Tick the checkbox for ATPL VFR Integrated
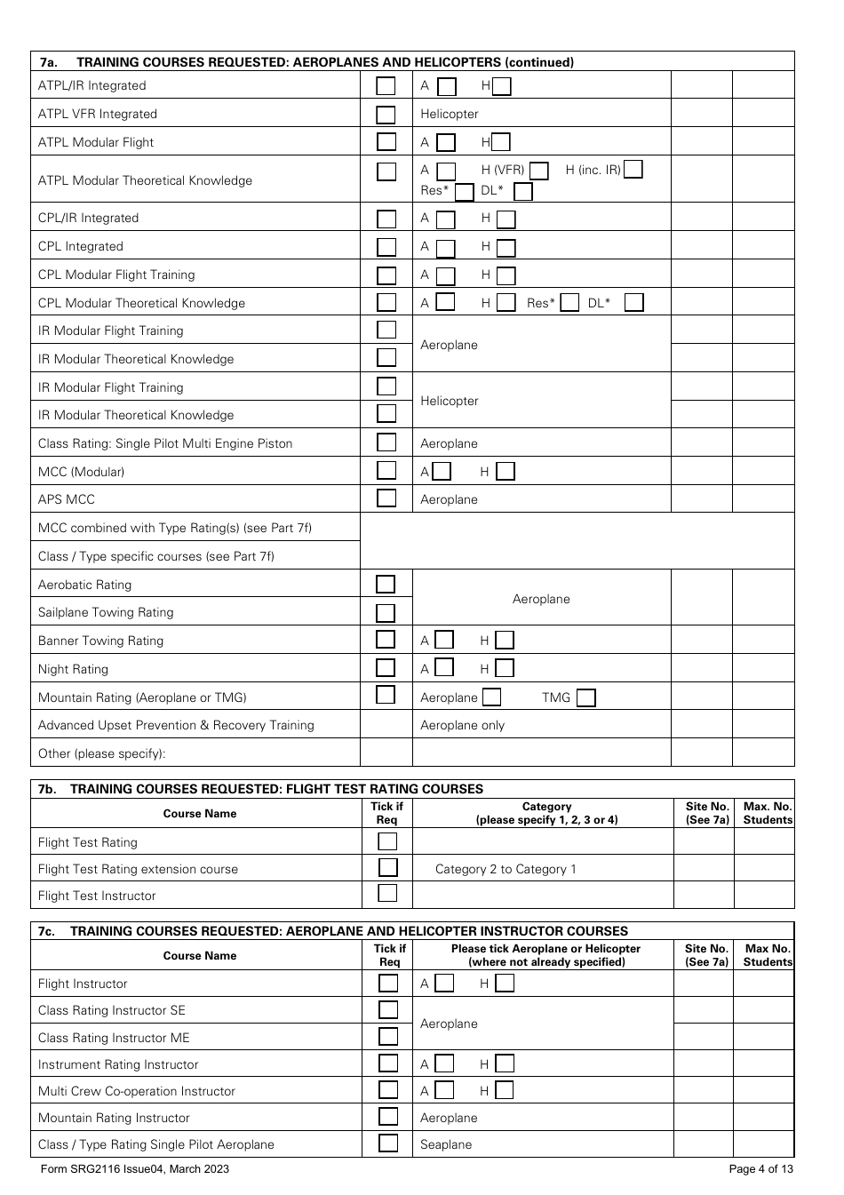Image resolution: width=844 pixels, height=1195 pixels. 386,115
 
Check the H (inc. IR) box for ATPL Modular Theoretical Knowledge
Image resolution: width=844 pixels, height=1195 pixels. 633,170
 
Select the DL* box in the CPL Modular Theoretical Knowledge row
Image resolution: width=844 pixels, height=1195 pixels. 633,303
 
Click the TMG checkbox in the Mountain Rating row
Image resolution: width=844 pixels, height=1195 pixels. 585,698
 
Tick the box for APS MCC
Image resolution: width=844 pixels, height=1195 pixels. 386,498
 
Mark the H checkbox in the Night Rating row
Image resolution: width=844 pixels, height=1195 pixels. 505,669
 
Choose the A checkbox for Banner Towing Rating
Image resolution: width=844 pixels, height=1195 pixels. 444,641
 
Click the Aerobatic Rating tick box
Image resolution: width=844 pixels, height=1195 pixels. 386,585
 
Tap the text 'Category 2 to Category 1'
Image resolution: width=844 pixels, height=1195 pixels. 506,869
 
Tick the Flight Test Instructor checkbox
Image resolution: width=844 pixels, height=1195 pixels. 387,894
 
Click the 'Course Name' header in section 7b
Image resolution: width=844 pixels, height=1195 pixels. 200,814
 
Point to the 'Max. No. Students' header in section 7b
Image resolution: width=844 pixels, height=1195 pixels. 768,814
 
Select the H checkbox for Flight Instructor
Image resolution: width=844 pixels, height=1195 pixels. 505,984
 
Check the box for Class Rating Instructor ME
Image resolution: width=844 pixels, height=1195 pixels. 387,1037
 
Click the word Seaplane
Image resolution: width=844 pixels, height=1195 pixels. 446,1144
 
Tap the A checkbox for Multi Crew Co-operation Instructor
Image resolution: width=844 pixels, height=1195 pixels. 444,1091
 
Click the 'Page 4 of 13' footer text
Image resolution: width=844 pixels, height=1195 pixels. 760,1169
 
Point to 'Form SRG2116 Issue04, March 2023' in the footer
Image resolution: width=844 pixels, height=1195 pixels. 135,1169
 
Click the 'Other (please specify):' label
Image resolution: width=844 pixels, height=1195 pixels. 102,753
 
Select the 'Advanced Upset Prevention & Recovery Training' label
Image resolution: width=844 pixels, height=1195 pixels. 176,725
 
